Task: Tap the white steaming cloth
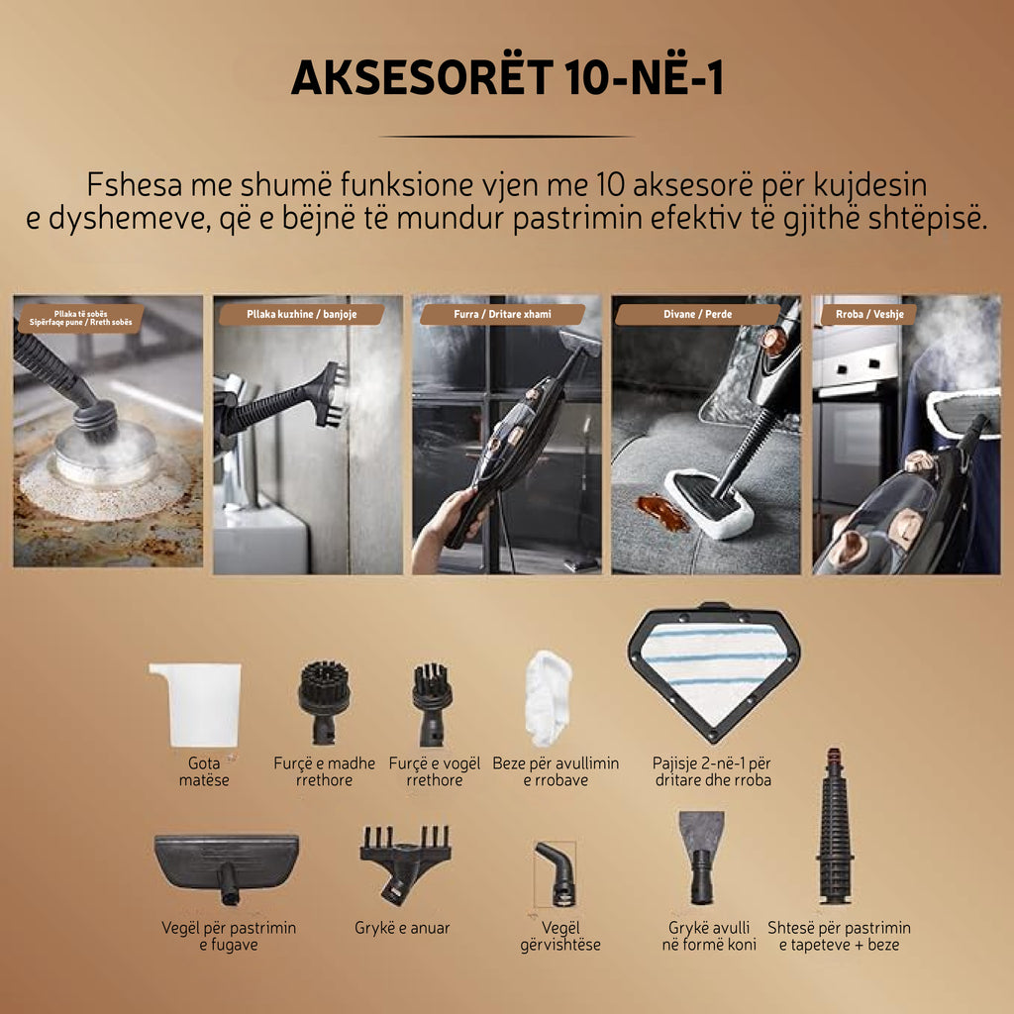tap(548, 695)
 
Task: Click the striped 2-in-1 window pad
tap(713, 668)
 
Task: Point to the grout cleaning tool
tap(227, 862)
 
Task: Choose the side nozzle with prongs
tap(405, 860)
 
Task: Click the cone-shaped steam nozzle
tap(701, 855)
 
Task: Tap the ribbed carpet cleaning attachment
tap(836, 827)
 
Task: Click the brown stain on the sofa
tap(661, 512)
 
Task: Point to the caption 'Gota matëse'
tap(204, 771)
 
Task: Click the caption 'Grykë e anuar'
tap(402, 928)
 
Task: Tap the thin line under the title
tap(506, 137)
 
